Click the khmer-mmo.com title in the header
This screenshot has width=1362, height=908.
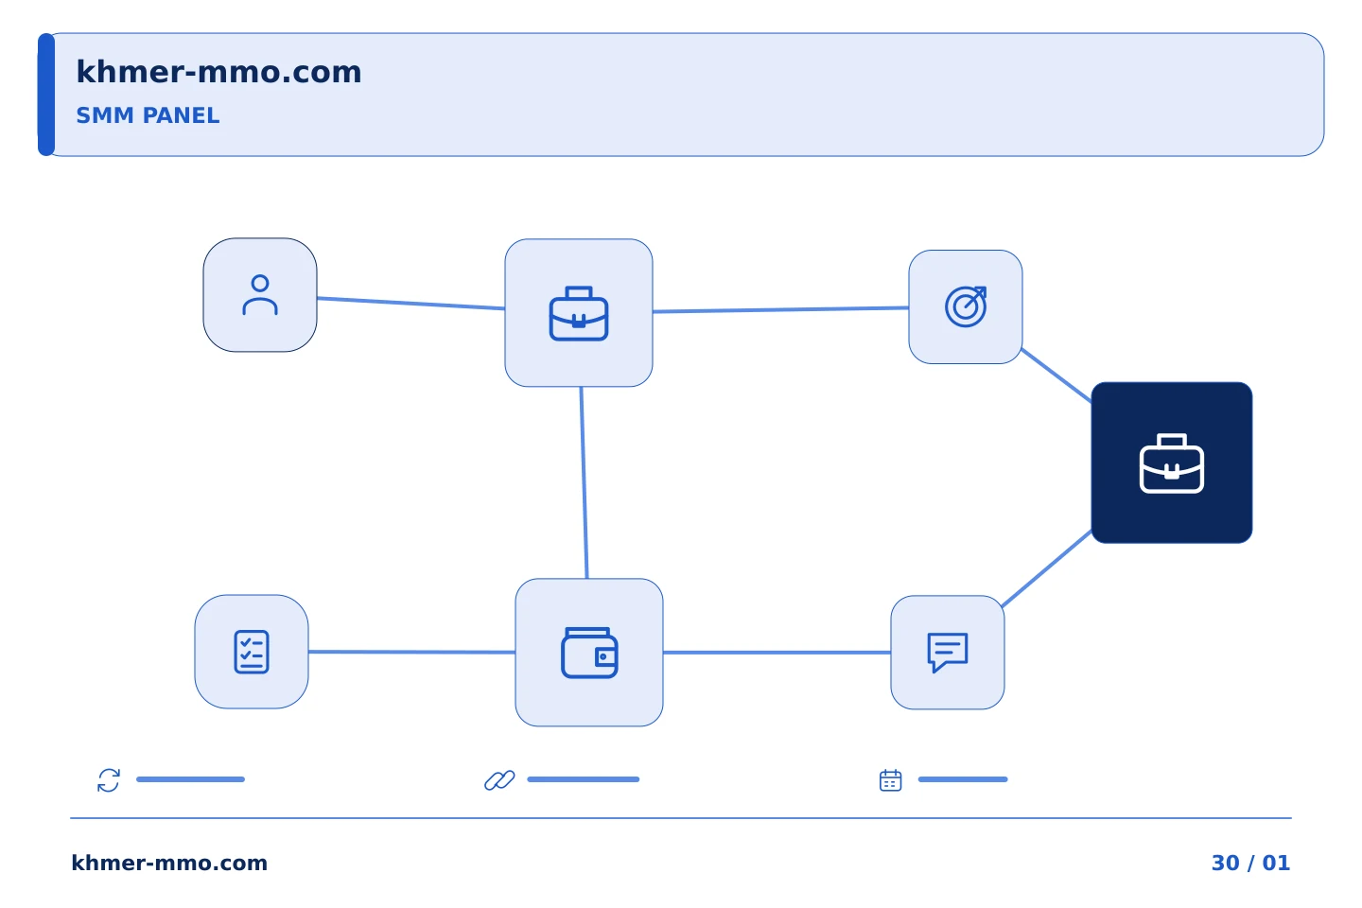218,72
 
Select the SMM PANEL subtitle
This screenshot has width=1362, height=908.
148,115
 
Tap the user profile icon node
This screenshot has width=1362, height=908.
260,295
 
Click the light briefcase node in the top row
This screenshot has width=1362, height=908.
579,313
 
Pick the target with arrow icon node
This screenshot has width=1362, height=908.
966,307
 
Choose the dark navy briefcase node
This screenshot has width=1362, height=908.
1172,463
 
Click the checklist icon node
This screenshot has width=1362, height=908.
252,652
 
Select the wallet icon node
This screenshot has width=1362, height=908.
589,653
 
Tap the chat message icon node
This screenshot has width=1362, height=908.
948,653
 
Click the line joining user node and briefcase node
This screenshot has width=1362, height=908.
411,304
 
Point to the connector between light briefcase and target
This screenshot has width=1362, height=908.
780,309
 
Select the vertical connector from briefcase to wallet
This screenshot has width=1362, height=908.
584,483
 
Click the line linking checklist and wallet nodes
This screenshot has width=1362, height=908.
411,652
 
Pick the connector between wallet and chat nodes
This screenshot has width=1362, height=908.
777,653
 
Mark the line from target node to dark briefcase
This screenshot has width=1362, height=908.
1056,375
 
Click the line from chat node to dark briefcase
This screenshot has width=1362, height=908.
1047,568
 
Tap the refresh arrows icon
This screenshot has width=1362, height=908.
109,780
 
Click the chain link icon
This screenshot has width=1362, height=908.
499,780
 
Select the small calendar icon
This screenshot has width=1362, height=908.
891,780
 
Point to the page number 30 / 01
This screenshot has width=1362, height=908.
1250,863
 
